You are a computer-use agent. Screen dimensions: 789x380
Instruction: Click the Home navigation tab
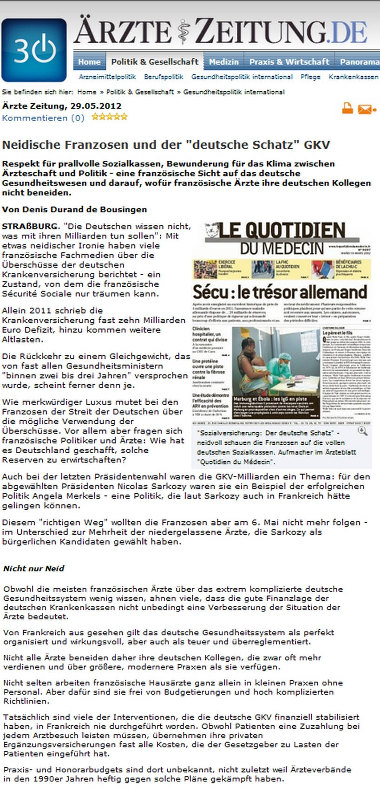click(x=89, y=62)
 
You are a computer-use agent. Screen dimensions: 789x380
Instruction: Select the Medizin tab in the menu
click(x=223, y=62)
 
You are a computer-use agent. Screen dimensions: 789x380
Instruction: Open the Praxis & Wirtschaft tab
click(x=289, y=62)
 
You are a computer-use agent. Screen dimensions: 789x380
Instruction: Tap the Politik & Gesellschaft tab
click(x=155, y=62)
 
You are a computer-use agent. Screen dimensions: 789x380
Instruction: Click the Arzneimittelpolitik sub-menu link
click(x=107, y=77)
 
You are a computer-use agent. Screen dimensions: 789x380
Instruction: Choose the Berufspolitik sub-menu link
click(x=164, y=77)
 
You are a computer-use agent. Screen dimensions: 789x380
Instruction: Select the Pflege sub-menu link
click(x=310, y=77)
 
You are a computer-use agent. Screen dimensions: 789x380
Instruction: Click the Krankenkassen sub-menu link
click(x=353, y=77)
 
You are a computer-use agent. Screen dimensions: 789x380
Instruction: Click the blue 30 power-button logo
click(x=34, y=50)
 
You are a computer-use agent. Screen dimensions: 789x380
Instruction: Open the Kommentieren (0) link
click(x=43, y=118)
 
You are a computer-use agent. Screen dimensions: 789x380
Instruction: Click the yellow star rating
click(x=110, y=117)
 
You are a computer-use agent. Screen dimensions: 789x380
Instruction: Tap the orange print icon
click(x=347, y=108)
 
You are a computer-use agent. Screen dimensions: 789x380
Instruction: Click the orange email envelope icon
click(x=367, y=109)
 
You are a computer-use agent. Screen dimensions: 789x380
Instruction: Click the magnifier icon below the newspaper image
click(x=362, y=431)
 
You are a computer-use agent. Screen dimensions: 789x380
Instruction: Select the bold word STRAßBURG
click(x=31, y=226)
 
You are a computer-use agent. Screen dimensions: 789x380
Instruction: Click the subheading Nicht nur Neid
click(x=34, y=568)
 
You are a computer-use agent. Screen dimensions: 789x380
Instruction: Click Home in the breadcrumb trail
click(x=87, y=92)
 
